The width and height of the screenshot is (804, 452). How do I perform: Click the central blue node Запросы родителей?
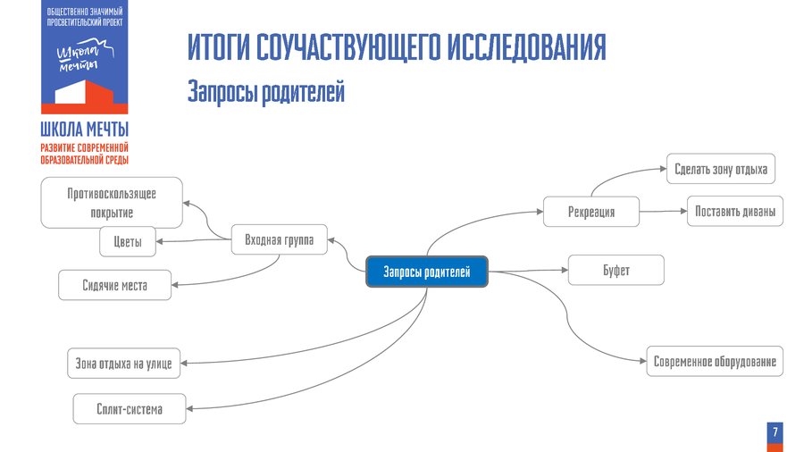pos(426,272)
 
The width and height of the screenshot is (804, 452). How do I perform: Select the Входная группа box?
pos(279,240)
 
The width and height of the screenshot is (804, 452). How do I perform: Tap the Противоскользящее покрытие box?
pos(112,203)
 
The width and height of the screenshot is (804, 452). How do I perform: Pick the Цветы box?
pos(127,240)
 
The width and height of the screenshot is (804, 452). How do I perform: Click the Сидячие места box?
pos(114,286)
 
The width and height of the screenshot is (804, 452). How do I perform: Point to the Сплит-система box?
pos(130,409)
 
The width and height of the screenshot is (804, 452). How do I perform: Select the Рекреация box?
pos(591,212)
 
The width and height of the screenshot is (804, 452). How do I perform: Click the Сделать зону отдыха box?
pos(721,169)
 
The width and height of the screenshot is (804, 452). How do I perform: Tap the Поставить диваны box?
pos(734,211)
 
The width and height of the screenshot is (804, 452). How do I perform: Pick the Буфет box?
pos(616,270)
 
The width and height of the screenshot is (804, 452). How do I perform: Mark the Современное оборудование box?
pos(715,362)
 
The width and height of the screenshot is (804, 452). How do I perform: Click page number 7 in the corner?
pos(775,432)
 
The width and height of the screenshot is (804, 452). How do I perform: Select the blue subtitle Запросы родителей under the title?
pos(265,92)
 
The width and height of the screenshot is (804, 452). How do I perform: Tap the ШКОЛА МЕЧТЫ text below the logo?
pos(85,130)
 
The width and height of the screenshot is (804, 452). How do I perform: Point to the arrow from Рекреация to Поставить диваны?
pos(663,212)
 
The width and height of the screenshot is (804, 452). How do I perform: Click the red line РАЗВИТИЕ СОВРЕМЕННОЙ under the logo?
pos(85,146)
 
